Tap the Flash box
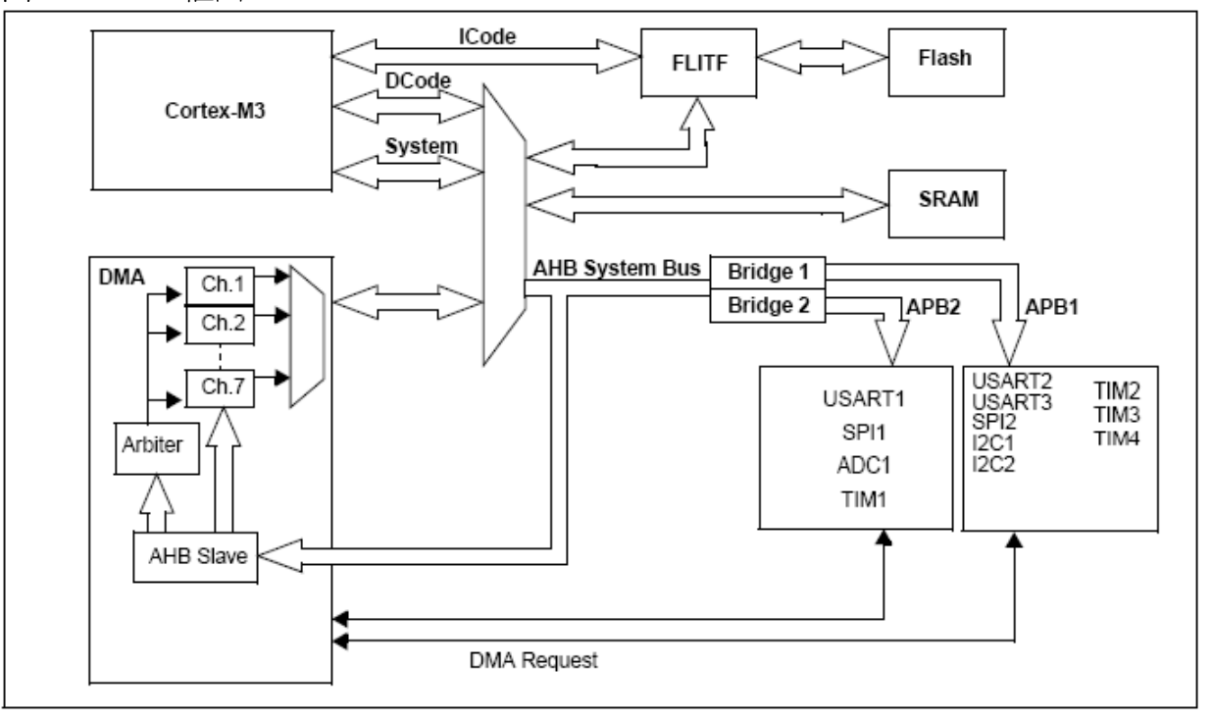click(x=948, y=57)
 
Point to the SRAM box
click(x=948, y=200)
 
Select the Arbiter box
click(x=148, y=445)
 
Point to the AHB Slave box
click(x=183, y=555)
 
